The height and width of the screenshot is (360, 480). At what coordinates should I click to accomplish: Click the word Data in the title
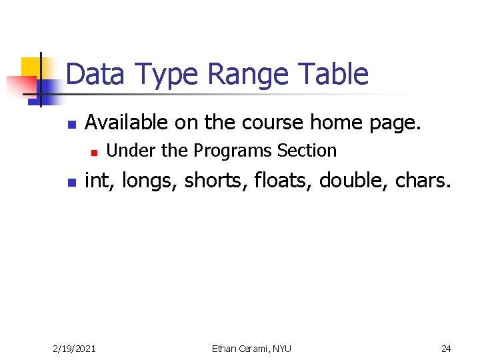point(95,74)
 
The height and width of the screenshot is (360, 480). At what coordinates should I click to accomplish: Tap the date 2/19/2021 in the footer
point(74,348)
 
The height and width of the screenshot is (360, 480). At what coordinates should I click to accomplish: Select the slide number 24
point(446,348)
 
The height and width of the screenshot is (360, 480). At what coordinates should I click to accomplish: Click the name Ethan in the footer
point(225,348)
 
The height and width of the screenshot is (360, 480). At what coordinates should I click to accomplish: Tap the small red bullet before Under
point(95,153)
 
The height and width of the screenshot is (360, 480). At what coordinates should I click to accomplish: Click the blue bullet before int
point(73,182)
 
